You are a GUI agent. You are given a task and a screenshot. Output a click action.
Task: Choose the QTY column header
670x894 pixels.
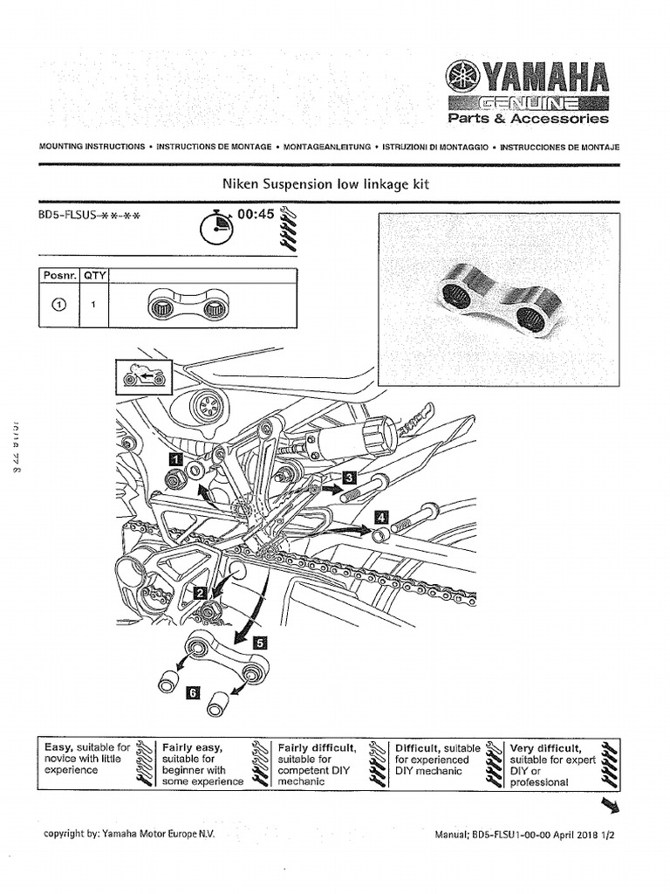click(94, 275)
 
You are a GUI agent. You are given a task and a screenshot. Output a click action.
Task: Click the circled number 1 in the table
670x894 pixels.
click(59, 306)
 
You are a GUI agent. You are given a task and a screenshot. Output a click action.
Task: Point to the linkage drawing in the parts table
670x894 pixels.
click(186, 306)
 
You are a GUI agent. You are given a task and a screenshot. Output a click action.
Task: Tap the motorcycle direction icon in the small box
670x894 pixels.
click(142, 377)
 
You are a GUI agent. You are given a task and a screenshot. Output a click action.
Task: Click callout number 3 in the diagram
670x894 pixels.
click(349, 478)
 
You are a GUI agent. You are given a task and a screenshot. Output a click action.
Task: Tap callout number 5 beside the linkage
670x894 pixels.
click(260, 640)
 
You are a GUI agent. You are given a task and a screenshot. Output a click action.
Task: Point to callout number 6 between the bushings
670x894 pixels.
click(193, 692)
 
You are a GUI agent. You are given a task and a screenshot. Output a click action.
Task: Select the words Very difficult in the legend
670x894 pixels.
click(546, 748)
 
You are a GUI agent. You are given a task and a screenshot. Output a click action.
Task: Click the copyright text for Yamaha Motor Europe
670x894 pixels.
click(128, 834)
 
